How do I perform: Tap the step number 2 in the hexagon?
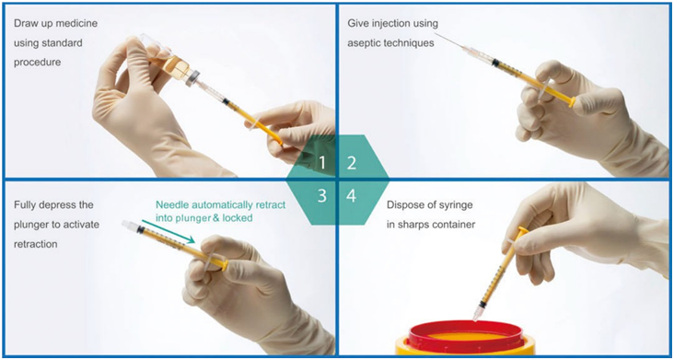point(352,164)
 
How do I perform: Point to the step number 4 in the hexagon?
point(352,196)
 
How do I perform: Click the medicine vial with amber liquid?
point(171,64)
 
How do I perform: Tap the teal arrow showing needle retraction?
point(168,231)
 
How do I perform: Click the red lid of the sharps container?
point(466,336)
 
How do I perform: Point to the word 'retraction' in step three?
point(36,244)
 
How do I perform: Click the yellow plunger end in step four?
point(523,231)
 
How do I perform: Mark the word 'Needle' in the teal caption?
point(169,205)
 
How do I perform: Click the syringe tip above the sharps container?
point(476,316)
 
